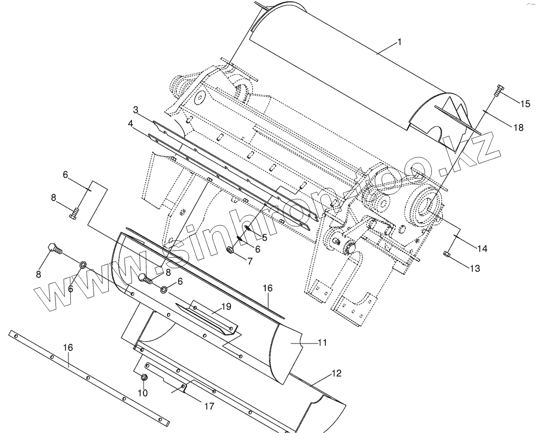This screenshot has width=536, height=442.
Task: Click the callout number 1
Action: (x=399, y=42)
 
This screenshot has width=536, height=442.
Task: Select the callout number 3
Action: (x=136, y=110)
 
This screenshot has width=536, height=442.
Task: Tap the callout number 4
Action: (x=131, y=124)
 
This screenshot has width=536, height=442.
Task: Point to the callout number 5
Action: (x=264, y=237)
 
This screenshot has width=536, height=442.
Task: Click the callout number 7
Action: (x=250, y=261)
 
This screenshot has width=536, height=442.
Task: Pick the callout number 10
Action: (x=143, y=392)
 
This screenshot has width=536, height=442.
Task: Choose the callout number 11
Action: (x=323, y=343)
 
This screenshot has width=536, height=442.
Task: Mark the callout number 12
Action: (x=337, y=373)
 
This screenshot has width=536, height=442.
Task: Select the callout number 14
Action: (x=482, y=248)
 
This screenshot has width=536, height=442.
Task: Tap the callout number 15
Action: (x=525, y=104)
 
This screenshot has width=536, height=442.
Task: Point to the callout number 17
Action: (x=209, y=406)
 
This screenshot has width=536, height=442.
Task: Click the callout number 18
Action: (x=518, y=127)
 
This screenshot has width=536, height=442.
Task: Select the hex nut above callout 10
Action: (x=144, y=378)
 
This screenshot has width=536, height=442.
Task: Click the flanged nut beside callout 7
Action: (x=231, y=250)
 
